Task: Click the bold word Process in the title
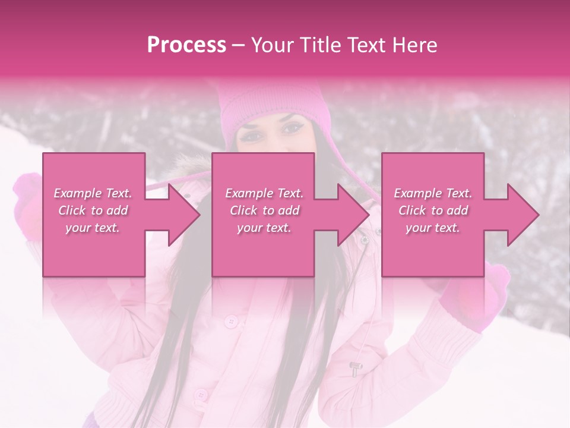186,45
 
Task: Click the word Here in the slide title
413,45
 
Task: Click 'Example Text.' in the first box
93,193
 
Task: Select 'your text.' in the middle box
264,228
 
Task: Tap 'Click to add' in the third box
433,210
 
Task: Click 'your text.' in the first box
93,228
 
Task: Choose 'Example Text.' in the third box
433,193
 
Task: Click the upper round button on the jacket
231,322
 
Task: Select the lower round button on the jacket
201,394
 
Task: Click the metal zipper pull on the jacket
356,369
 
